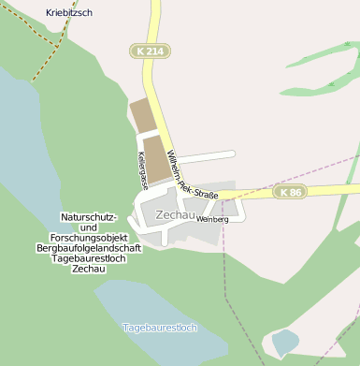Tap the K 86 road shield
coord(291,192)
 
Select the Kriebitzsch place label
coord(69,13)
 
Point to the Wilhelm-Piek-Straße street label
coord(192,174)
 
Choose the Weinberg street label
coord(212,219)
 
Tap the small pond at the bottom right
coord(284,342)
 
